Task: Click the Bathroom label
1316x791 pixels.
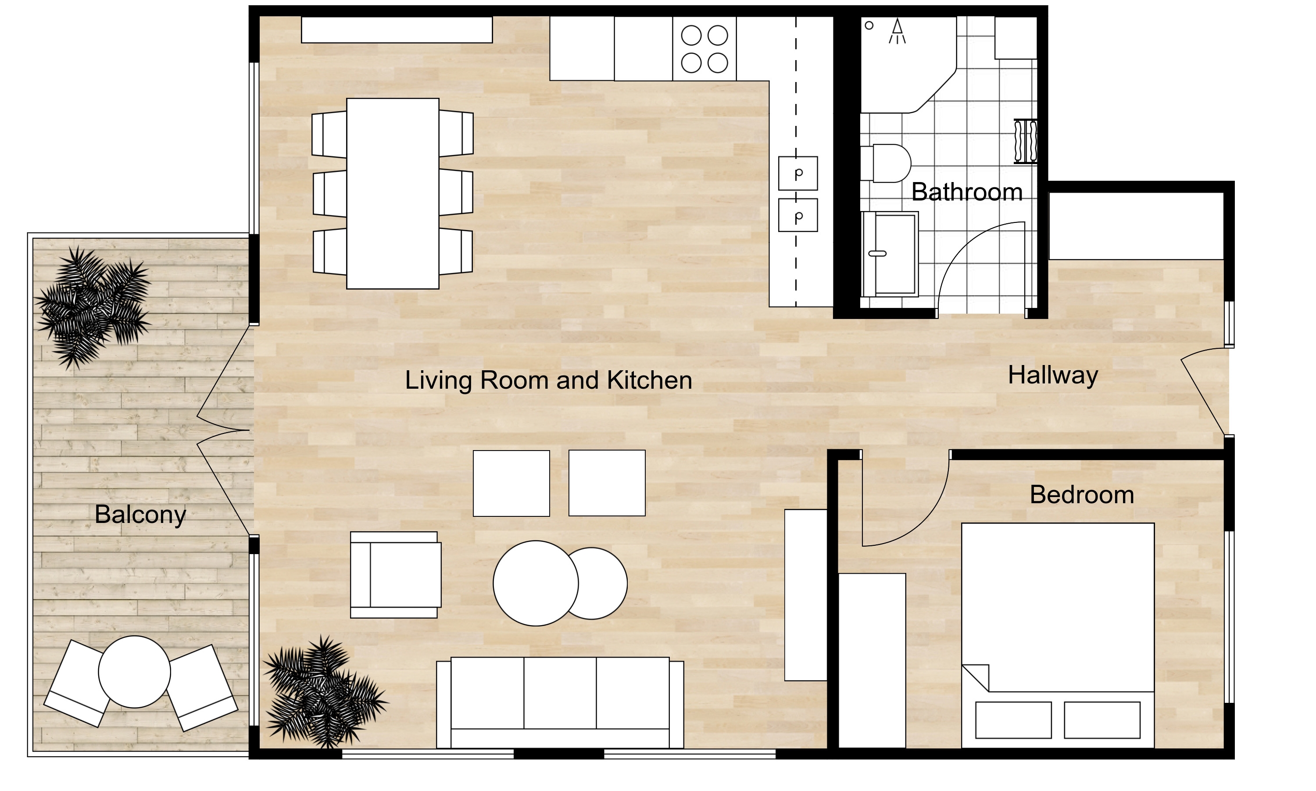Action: point(966,192)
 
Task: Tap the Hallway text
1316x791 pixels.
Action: point(1053,375)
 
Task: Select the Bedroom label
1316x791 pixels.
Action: point(1082,494)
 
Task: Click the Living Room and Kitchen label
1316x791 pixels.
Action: point(548,380)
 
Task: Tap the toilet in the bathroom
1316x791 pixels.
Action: point(886,163)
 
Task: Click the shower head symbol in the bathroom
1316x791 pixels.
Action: point(897,31)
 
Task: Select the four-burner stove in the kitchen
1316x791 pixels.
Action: point(704,49)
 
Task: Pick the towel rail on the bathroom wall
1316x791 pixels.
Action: point(1025,141)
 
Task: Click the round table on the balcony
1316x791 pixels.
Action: point(134,672)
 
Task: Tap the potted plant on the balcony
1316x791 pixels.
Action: point(92,307)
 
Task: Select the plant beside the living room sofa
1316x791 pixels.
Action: point(324,692)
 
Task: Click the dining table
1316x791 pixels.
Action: point(393,193)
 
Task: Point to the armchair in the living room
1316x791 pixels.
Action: point(395,575)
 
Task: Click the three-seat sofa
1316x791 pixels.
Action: point(560,702)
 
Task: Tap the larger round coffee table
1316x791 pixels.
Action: point(536,583)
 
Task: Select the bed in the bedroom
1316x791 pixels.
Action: point(1058,635)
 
